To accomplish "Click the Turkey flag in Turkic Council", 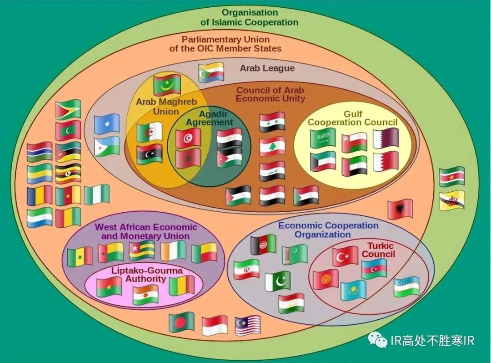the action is pos(345,256).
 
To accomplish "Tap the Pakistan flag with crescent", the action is pos(278,281).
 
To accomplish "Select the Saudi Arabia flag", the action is pos(323,138).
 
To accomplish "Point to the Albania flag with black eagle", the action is pos(400,209).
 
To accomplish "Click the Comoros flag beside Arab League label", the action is pos(211,72).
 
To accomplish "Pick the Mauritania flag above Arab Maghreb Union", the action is pos(167,84).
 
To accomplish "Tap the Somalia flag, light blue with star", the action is pos(107,123).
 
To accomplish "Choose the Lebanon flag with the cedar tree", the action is pos(272,147).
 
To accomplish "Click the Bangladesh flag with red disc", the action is pos(181,322).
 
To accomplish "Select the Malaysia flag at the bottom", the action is pos(248,326).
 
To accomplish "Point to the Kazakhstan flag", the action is pos(353,290).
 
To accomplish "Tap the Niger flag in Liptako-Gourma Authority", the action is pos(145,295).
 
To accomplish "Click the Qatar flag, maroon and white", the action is pos(386,138).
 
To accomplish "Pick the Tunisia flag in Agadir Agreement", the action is pos(188,138).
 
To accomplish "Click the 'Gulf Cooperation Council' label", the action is pos(353,118).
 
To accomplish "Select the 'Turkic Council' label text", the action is pos(378,250).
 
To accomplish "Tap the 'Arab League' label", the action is pos(267,68).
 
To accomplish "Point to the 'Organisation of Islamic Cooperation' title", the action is pos(250,17).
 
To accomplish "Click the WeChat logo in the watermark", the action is pos(378,340).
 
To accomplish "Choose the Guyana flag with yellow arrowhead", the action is pos(68,110).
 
